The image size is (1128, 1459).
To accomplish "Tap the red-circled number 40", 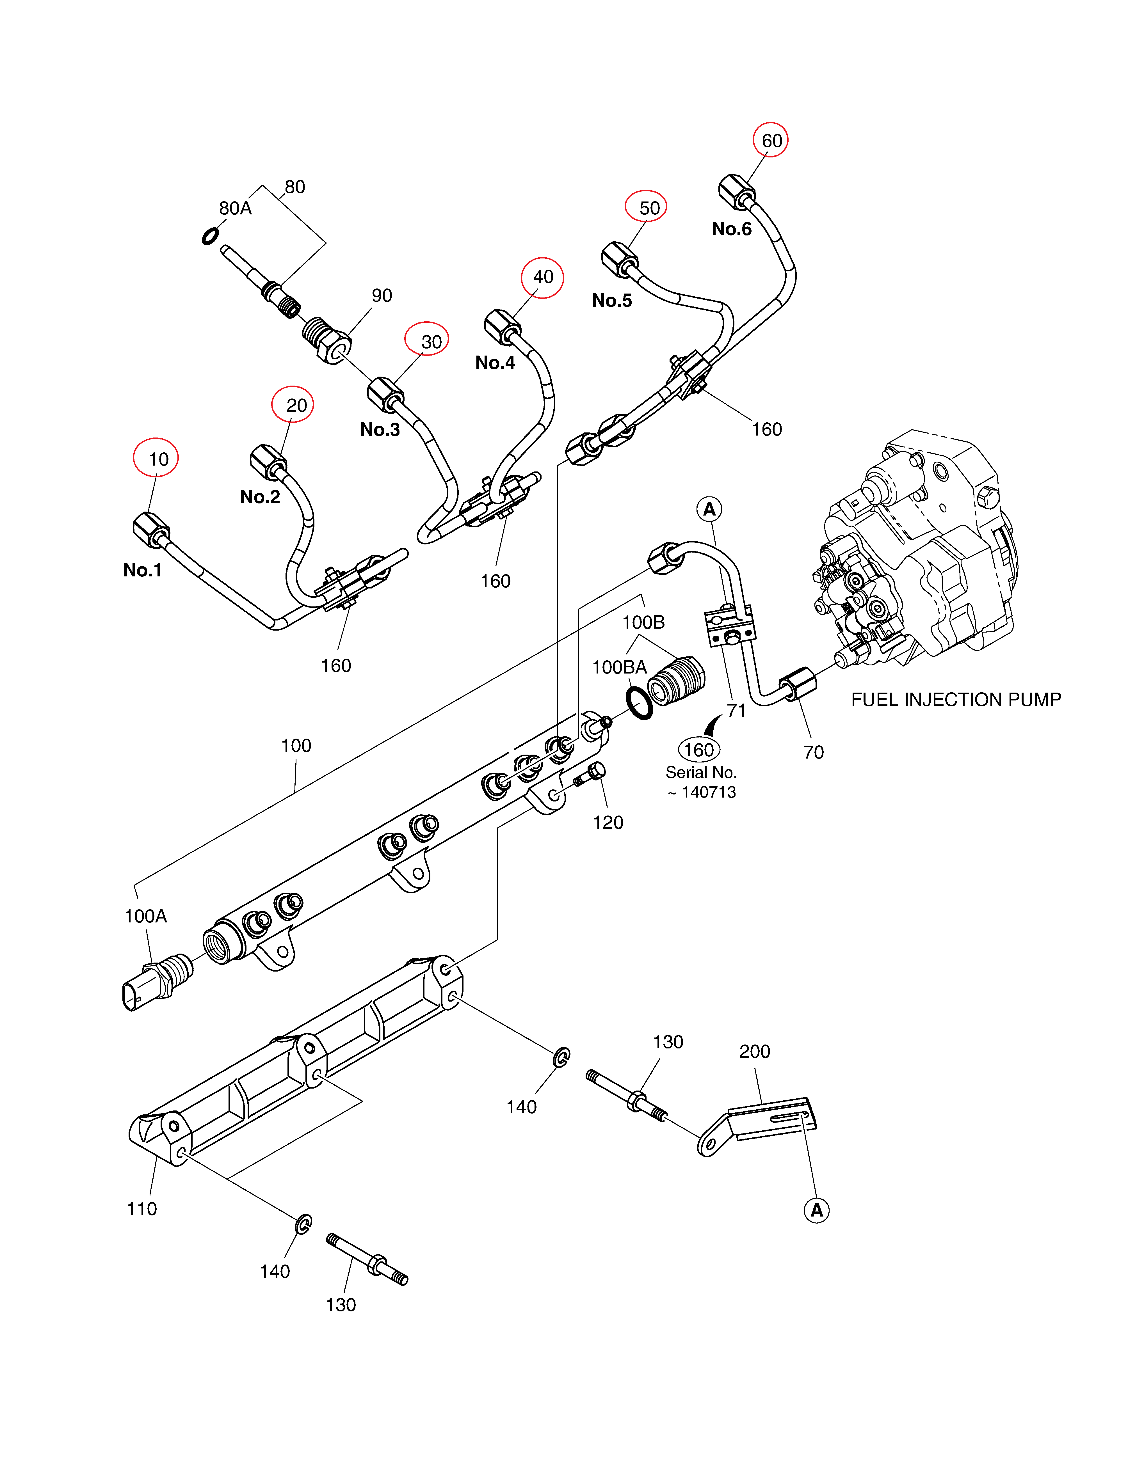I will [543, 277].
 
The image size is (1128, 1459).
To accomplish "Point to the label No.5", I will [611, 301].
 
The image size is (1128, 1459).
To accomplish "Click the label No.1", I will [142, 570].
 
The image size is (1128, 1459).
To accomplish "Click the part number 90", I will [382, 295].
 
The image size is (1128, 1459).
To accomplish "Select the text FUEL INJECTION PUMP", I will [956, 699].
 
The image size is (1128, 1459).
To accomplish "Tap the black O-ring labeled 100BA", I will [640, 704].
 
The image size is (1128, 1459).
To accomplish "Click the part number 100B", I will [643, 622].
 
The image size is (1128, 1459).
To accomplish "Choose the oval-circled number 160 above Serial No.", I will [699, 750].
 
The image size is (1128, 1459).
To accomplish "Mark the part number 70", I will [813, 752].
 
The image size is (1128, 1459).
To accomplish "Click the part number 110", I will [142, 1208].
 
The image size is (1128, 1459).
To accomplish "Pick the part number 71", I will [736, 710].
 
